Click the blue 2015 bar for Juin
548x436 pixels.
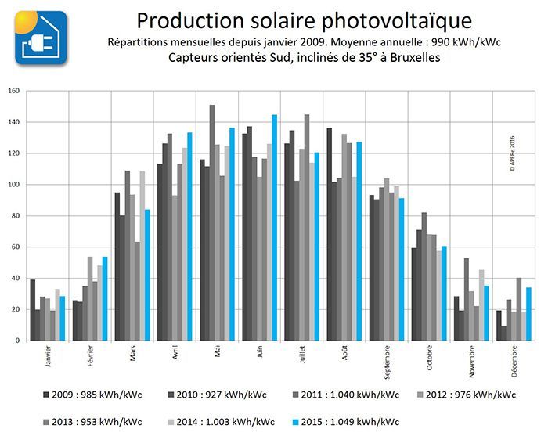click(x=275, y=228)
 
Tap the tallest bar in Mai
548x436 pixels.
click(x=211, y=223)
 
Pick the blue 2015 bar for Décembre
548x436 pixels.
click(x=529, y=315)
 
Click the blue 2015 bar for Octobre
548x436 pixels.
click(x=445, y=294)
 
